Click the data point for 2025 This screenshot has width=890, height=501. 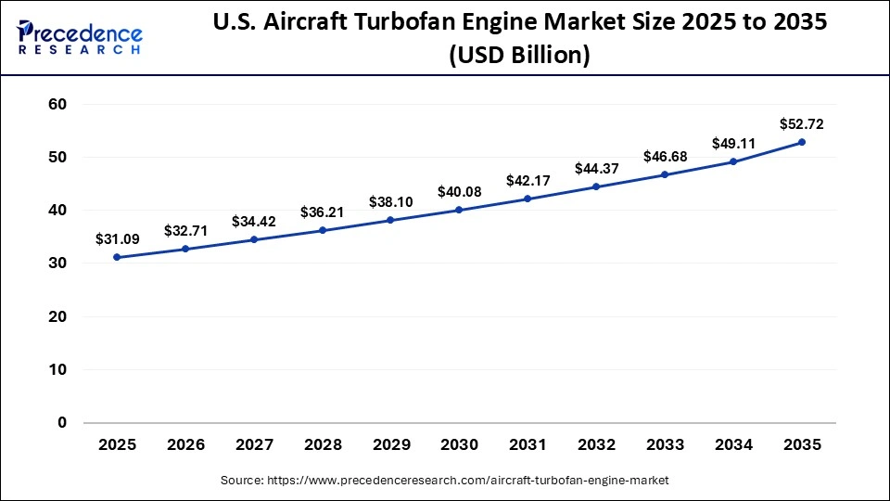pos(117,257)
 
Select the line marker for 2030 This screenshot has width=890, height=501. pos(459,210)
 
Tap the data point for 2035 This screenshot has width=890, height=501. pos(802,142)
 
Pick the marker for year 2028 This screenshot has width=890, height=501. pos(322,230)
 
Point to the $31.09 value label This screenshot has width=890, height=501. pos(117,238)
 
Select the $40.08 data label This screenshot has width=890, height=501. pos(459,192)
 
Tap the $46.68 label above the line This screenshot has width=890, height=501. pos(665,156)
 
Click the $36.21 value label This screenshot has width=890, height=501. pos(322,212)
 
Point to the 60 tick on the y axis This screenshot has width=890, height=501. pos(57,105)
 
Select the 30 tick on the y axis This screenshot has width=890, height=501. pos(57,263)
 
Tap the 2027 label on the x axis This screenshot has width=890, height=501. pos(253,446)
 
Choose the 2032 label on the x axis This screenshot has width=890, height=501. pos(596,446)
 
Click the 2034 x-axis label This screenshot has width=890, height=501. pos(733,446)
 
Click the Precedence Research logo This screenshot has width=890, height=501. pos(80,37)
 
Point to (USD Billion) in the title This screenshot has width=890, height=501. pos(519,56)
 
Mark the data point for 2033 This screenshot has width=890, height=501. pos(665,174)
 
